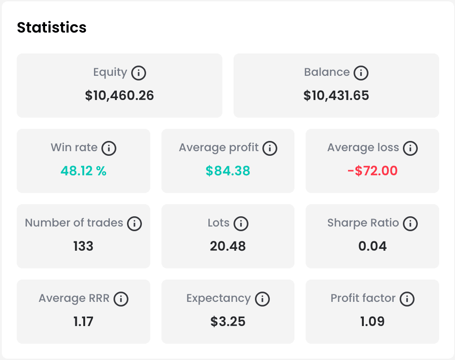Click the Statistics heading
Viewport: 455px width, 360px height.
pos(52,27)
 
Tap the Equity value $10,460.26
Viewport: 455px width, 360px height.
pos(119,96)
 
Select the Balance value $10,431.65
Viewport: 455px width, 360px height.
pos(336,96)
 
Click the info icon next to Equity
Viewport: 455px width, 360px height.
pos(139,73)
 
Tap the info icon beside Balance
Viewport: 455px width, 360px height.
pos(361,73)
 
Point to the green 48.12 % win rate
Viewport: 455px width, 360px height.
pos(83,171)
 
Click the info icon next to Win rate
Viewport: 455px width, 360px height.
pos(109,148)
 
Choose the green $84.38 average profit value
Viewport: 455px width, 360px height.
pos(228,171)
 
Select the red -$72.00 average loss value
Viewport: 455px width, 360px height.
pos(372,171)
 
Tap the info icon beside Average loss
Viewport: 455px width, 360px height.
pos(410,148)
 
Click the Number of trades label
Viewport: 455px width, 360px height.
pos(74,223)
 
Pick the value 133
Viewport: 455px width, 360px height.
pos(83,247)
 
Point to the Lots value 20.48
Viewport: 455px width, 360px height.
pos(228,247)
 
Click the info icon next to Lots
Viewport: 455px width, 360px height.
pos(241,224)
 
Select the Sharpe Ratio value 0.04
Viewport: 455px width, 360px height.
pos(372,247)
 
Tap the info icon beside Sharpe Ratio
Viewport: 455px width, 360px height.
pos(410,224)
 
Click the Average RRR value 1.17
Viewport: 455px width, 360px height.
pos(83,322)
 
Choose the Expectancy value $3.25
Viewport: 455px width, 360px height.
pos(228,322)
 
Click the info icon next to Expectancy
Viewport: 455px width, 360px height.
pos(262,299)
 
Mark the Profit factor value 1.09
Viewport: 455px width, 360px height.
pos(372,322)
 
